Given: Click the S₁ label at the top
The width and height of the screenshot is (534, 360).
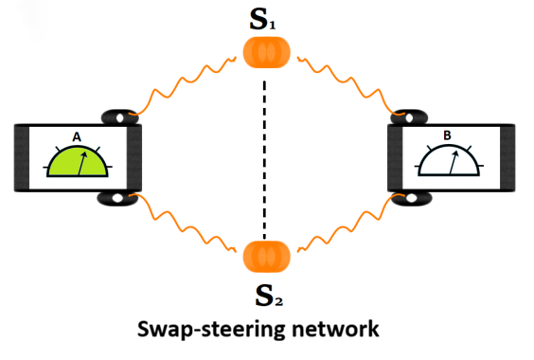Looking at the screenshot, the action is pyautogui.click(x=262, y=19).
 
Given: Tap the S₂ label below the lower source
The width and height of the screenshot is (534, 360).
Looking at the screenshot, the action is pyautogui.click(x=269, y=296).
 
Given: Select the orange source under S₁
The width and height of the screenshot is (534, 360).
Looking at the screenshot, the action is pyautogui.click(x=266, y=52).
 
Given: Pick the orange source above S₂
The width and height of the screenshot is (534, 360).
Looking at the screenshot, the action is pyautogui.click(x=266, y=257).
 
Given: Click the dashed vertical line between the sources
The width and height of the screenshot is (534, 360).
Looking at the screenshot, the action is pyautogui.click(x=264, y=159).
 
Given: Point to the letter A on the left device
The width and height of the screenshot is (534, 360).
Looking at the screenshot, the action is pyautogui.click(x=77, y=137).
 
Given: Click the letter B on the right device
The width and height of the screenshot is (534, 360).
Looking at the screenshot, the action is pyautogui.click(x=447, y=135).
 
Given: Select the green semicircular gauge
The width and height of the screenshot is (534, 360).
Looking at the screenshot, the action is pyautogui.click(x=78, y=162).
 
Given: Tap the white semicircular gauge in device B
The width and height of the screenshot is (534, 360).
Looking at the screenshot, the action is pyautogui.click(x=449, y=160).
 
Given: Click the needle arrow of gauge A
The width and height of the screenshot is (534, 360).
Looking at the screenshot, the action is pyautogui.click(x=82, y=164).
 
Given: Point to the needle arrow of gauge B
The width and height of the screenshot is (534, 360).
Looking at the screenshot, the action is pyautogui.click(x=454, y=162).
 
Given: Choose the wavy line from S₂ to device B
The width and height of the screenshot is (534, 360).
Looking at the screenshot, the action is pyautogui.click(x=350, y=223).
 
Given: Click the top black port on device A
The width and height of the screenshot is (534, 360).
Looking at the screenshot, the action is pyautogui.click(x=120, y=117).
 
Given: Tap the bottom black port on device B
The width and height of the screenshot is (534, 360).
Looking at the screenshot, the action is pyautogui.click(x=411, y=199).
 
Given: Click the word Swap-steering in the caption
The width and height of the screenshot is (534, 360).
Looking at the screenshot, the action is pyautogui.click(x=210, y=330).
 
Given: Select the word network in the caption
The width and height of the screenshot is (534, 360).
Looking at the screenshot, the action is pyautogui.click(x=335, y=329).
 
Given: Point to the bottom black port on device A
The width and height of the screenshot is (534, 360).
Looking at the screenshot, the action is pyautogui.click(x=117, y=198).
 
